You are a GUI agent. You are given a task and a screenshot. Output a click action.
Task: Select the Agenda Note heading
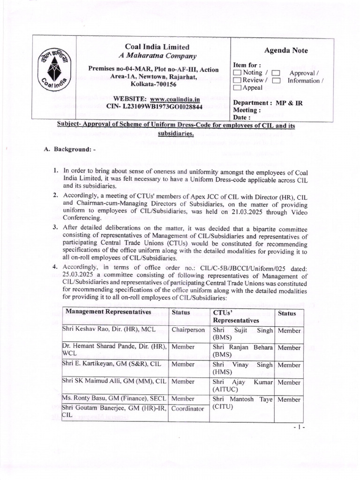(x=286, y=51)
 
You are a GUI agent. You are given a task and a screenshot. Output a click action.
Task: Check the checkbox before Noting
(x=238, y=73)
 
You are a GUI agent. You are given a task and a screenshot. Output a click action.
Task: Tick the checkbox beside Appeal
(x=238, y=88)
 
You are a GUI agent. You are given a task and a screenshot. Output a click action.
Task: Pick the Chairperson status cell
(x=188, y=330)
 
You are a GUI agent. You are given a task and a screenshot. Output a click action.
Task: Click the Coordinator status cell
(x=188, y=408)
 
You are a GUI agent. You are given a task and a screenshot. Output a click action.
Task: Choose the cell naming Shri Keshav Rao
(x=108, y=330)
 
